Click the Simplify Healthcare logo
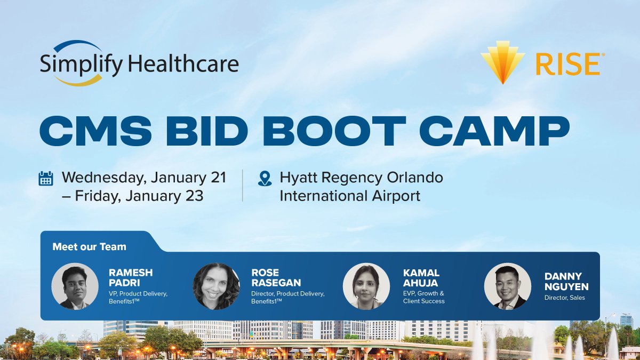(x=139, y=63)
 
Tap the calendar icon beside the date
(x=46, y=178)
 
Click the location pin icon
(x=265, y=178)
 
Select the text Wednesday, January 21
(x=144, y=178)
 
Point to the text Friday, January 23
(x=139, y=196)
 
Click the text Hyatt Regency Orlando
(x=362, y=178)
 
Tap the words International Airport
(x=350, y=196)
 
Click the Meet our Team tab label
(x=90, y=247)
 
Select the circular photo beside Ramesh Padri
(x=75, y=286)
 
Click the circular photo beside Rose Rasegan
(x=216, y=286)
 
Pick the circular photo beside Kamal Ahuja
(x=366, y=286)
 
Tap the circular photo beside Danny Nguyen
(x=507, y=286)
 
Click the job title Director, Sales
(x=564, y=298)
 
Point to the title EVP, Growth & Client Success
(x=424, y=297)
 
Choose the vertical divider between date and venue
(x=243, y=186)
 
